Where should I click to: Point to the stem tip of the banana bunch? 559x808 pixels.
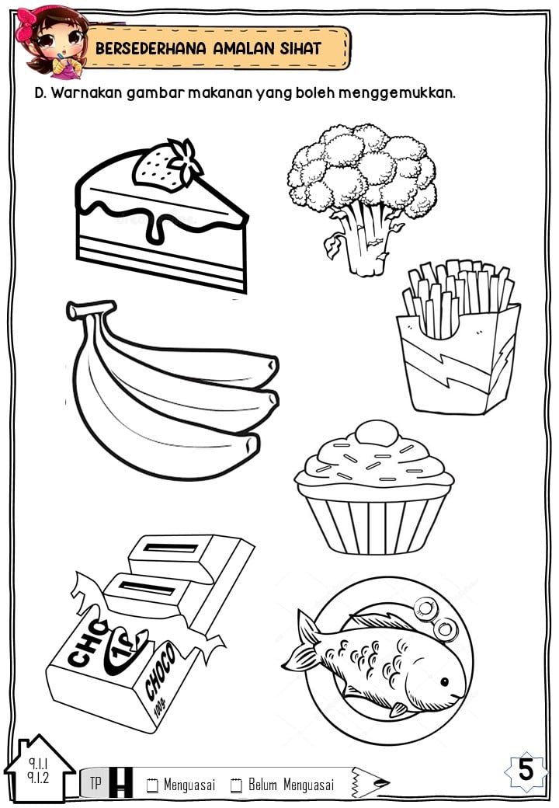point(91,309)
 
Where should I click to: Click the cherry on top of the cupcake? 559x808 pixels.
point(377,432)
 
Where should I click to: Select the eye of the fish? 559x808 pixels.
point(444,682)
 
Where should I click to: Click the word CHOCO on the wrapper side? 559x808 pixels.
point(160,670)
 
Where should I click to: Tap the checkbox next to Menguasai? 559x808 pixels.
point(152,785)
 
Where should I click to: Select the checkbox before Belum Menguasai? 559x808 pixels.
point(236,785)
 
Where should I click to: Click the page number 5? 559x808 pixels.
point(526,771)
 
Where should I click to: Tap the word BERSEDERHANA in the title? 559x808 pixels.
point(151,48)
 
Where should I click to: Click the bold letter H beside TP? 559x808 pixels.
point(120,782)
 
